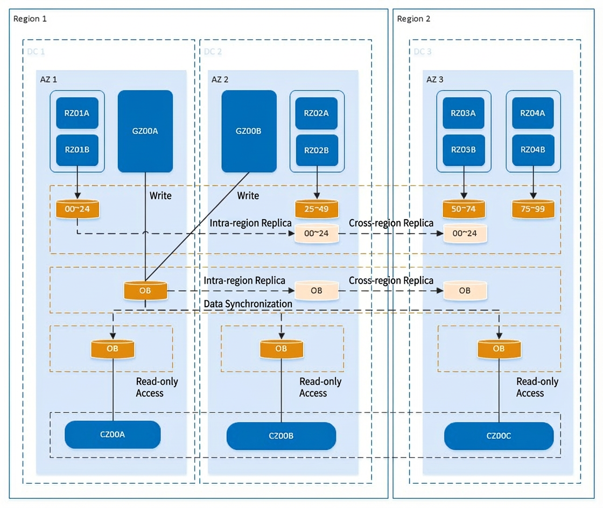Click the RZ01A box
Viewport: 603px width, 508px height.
coord(78,113)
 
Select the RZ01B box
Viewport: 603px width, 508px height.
coord(78,150)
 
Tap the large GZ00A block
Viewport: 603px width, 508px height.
coord(145,131)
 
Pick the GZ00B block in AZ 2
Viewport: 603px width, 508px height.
coord(249,131)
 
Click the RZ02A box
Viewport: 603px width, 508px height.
coord(317,113)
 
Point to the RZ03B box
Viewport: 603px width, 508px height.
coord(464,150)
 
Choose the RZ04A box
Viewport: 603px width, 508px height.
coord(533,113)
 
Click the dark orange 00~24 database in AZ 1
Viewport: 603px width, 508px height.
coord(78,209)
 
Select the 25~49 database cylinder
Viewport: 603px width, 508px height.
coord(317,209)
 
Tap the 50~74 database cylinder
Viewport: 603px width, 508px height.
coord(464,209)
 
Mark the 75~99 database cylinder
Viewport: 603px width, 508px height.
coord(533,209)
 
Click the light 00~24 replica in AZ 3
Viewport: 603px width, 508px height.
coord(465,233)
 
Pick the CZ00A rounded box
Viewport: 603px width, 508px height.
coord(113,435)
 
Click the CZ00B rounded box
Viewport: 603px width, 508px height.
coord(281,436)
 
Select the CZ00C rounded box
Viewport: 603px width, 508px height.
coord(499,436)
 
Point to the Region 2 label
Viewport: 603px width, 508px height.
coord(413,19)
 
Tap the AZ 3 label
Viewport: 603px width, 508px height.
coord(434,80)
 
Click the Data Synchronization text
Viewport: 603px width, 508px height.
coord(248,304)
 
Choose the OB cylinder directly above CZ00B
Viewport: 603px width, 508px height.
coord(282,349)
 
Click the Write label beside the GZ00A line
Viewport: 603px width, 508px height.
coord(160,195)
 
